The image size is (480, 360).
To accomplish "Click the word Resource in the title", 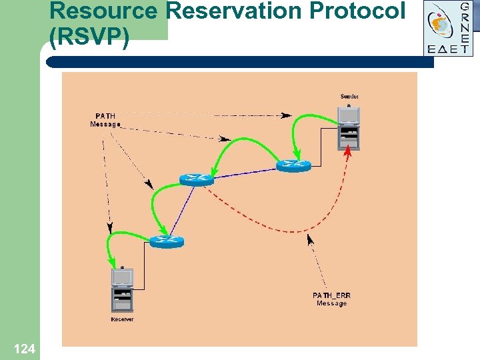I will [x=103, y=11].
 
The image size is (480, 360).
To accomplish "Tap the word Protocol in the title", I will [x=360, y=11].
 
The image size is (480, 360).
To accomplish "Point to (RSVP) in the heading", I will [x=89, y=37].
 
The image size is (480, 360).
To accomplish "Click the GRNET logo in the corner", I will [x=448, y=28].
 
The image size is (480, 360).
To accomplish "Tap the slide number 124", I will [x=24, y=348].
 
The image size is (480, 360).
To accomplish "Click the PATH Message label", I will [x=105, y=120].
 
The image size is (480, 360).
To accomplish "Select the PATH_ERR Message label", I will [x=331, y=299].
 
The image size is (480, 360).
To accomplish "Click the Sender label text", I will [x=349, y=97].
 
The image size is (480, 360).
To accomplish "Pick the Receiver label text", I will [x=122, y=319].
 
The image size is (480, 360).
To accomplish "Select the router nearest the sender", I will [x=293, y=165].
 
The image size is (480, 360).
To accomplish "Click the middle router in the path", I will [x=196, y=179].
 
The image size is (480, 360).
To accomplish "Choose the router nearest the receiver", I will [x=165, y=241].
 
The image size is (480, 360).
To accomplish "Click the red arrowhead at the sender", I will [x=347, y=152].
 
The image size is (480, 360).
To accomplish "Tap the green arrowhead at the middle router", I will [x=212, y=171].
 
